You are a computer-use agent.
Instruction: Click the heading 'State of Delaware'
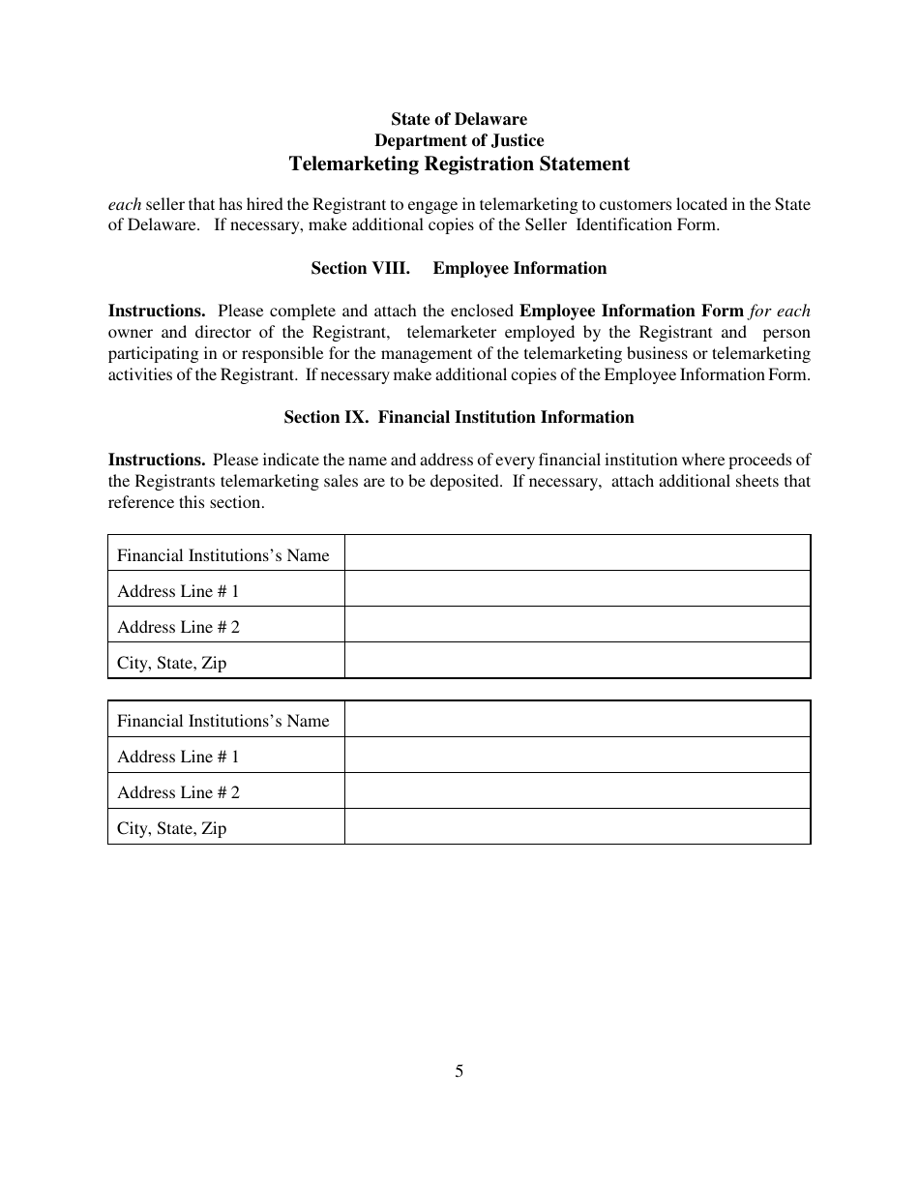pyautogui.click(x=459, y=119)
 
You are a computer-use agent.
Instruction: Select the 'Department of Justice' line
pyautogui.click(x=459, y=141)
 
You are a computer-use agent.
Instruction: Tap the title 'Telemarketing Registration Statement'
pyautogui.click(x=459, y=164)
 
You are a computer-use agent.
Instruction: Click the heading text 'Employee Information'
pyautogui.click(x=519, y=269)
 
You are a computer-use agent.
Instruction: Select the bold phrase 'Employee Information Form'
pyautogui.click(x=632, y=312)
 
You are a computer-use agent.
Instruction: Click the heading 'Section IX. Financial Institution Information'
pyautogui.click(x=459, y=418)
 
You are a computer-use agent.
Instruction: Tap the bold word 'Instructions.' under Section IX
pyautogui.click(x=157, y=461)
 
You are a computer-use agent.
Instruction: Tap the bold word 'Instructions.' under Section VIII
pyautogui.click(x=157, y=312)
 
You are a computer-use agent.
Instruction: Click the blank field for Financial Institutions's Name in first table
pyautogui.click(x=577, y=553)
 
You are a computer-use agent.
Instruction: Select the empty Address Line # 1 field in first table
pyautogui.click(x=577, y=589)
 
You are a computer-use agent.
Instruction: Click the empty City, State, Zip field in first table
pyautogui.click(x=577, y=661)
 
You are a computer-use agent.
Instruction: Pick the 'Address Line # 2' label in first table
pyautogui.click(x=178, y=627)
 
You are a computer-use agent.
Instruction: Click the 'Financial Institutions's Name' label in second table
pyautogui.click(x=222, y=721)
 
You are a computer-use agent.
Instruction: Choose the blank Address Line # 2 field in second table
pyautogui.click(x=577, y=790)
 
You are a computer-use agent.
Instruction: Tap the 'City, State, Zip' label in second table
pyautogui.click(x=171, y=828)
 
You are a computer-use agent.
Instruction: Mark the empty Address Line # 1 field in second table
pyautogui.click(x=577, y=755)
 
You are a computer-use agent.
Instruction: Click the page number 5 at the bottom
pyautogui.click(x=459, y=1071)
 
